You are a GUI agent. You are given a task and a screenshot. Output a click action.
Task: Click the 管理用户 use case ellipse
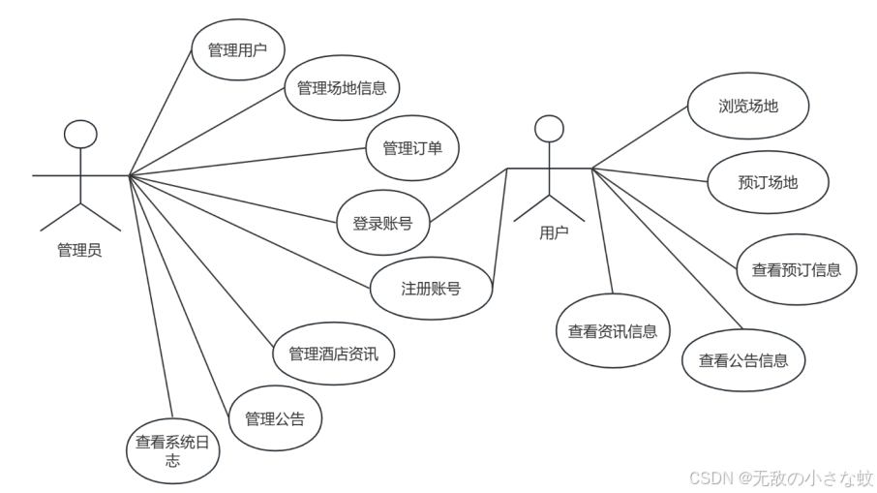click(x=237, y=48)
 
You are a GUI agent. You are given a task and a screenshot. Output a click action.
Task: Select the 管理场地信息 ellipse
click(x=342, y=88)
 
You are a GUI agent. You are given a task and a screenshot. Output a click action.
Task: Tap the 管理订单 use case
click(x=412, y=148)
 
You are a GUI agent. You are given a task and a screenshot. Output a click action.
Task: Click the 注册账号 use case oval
click(x=431, y=288)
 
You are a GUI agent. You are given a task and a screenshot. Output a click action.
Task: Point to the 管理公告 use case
click(x=274, y=419)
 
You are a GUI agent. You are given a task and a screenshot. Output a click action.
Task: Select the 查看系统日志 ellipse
click(x=171, y=450)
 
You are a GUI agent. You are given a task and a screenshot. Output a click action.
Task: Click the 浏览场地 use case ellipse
click(x=748, y=107)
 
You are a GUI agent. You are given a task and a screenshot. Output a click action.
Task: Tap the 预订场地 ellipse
click(x=768, y=181)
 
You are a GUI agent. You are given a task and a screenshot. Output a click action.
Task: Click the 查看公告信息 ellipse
click(x=743, y=360)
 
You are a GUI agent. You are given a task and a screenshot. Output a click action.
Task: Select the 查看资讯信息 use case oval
click(x=612, y=331)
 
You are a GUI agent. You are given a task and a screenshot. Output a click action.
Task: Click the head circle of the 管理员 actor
click(x=80, y=134)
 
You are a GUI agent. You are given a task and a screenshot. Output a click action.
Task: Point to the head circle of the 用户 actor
click(x=549, y=128)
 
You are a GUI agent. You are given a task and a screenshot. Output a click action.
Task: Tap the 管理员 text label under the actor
click(x=79, y=251)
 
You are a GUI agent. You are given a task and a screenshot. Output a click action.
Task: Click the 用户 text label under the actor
click(x=554, y=232)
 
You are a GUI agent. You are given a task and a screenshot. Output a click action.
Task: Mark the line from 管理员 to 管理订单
click(x=248, y=162)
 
